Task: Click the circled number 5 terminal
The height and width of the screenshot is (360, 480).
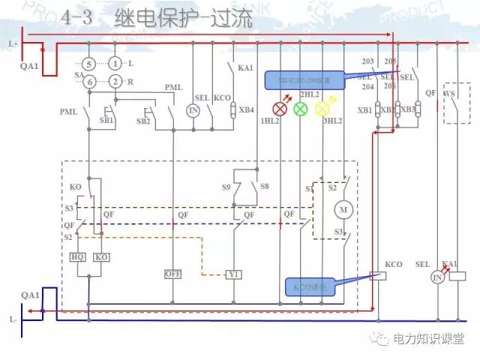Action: pos(88,64)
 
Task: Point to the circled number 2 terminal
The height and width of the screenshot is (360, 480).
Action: pos(115,81)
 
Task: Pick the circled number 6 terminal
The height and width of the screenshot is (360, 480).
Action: pos(88,81)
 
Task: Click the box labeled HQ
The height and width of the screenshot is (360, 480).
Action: pos(79,257)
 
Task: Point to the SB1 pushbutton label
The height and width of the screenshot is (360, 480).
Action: pos(106,120)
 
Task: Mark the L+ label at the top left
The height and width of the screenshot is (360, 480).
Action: pos(13,45)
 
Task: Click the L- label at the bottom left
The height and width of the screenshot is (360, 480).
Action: pos(13,319)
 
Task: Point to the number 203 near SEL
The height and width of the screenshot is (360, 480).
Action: pos(367,61)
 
